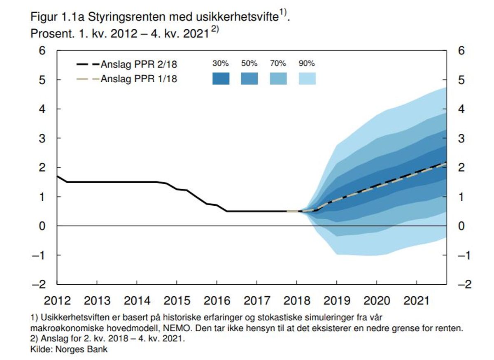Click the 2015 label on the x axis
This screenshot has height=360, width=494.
[x=177, y=300]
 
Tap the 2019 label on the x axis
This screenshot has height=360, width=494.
[x=337, y=300]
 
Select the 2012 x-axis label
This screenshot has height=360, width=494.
[x=57, y=300]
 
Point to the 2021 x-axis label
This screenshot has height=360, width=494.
[x=416, y=300]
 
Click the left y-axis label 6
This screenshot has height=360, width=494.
[x=42, y=51]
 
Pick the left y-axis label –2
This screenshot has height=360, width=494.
[x=39, y=284]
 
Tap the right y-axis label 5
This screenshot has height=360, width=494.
[x=461, y=80]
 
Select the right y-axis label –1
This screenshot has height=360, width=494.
[x=464, y=255]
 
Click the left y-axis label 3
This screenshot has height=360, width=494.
[x=42, y=138]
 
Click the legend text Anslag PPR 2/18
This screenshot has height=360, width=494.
[x=139, y=64]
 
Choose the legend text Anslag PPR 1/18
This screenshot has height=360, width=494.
[x=139, y=79]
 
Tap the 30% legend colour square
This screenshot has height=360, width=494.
[x=221, y=79]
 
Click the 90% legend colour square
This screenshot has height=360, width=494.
[x=307, y=79]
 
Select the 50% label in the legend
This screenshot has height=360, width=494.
[x=249, y=63]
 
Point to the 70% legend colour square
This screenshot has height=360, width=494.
[x=278, y=79]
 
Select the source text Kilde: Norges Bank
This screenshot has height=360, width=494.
[x=69, y=349]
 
